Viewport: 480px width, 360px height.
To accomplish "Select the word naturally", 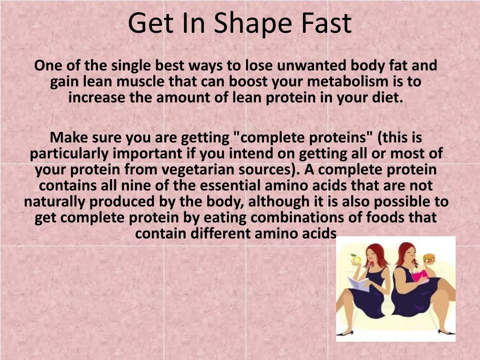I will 55,202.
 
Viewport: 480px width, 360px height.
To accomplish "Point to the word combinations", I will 305,218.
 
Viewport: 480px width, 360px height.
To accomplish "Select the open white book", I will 360,284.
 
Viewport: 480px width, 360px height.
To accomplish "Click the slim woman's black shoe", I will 345,333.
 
